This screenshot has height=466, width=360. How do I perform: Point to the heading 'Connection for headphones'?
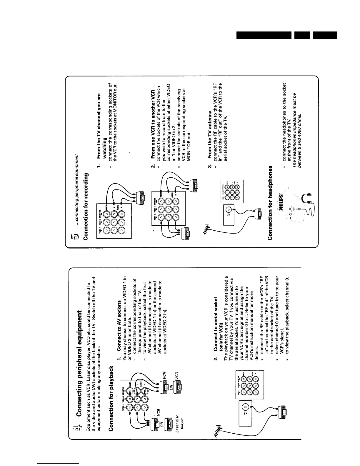click(271, 203)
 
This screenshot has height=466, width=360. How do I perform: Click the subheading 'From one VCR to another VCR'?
click(153, 124)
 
